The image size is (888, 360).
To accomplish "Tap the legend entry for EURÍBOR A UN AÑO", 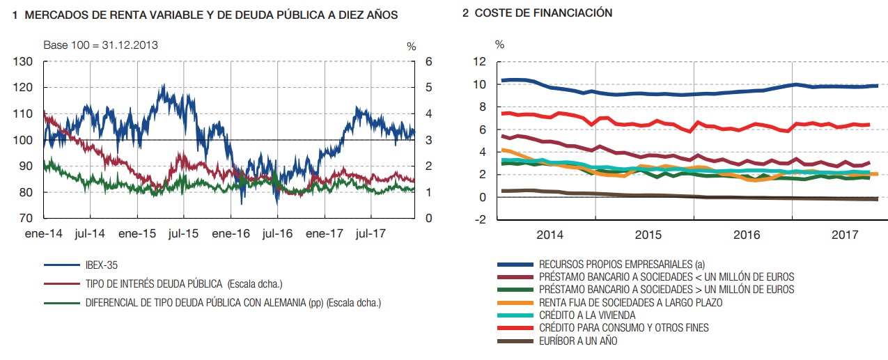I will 578,341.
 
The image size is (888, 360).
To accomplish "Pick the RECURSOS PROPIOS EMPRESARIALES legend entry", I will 622,264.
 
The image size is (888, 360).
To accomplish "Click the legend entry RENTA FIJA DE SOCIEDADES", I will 630,302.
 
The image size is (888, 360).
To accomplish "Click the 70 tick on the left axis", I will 26,219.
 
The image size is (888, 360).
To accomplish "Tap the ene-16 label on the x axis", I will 231,234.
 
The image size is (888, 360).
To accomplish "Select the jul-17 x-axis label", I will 371,234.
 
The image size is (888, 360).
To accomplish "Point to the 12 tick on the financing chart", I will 479,62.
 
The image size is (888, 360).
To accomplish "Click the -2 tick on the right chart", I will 480,220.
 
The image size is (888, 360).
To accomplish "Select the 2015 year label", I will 648,235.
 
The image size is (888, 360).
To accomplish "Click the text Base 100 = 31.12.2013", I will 100,45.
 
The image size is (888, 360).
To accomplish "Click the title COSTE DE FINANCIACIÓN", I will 543,13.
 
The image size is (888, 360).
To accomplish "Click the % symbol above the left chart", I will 411,46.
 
